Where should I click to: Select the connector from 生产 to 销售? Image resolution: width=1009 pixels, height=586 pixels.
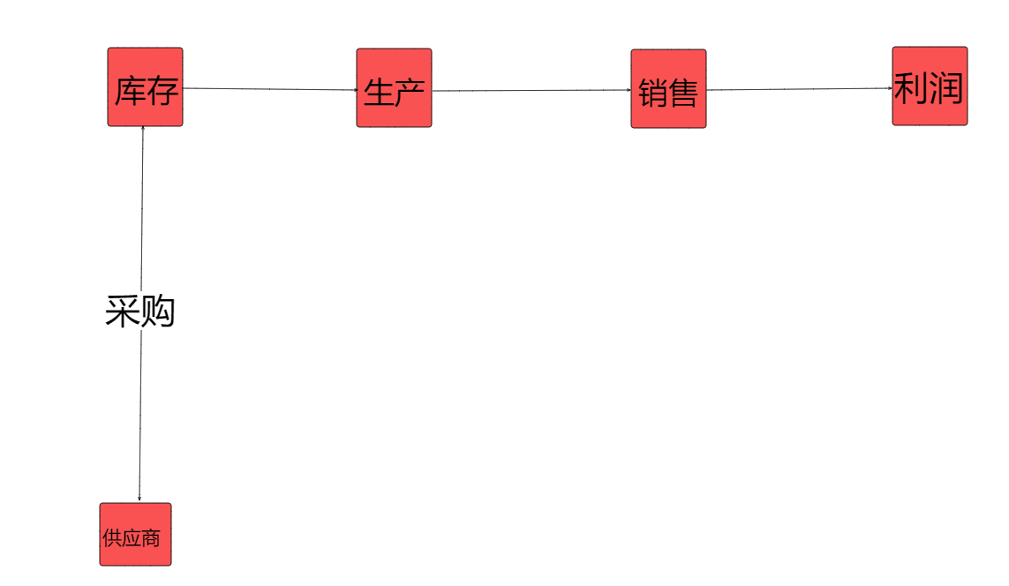tap(530, 90)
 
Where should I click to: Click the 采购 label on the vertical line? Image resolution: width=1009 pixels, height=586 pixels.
tap(140, 312)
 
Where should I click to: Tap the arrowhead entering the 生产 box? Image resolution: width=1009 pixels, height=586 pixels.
tap(354, 90)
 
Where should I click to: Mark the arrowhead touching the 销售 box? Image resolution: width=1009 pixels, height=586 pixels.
tap(629, 90)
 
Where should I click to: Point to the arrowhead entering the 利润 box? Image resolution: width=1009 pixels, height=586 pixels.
tap(890, 88)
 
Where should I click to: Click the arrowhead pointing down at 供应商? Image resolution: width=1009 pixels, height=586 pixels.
tap(139, 499)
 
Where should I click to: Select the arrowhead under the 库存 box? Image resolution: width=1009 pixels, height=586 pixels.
tap(143, 130)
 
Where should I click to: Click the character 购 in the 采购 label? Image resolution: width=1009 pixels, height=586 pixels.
tap(158, 312)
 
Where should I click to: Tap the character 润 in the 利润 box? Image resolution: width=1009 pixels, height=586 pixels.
tap(945, 88)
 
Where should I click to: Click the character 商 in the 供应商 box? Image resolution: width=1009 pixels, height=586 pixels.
tap(152, 537)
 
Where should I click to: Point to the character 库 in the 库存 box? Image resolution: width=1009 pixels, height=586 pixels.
tap(129, 91)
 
